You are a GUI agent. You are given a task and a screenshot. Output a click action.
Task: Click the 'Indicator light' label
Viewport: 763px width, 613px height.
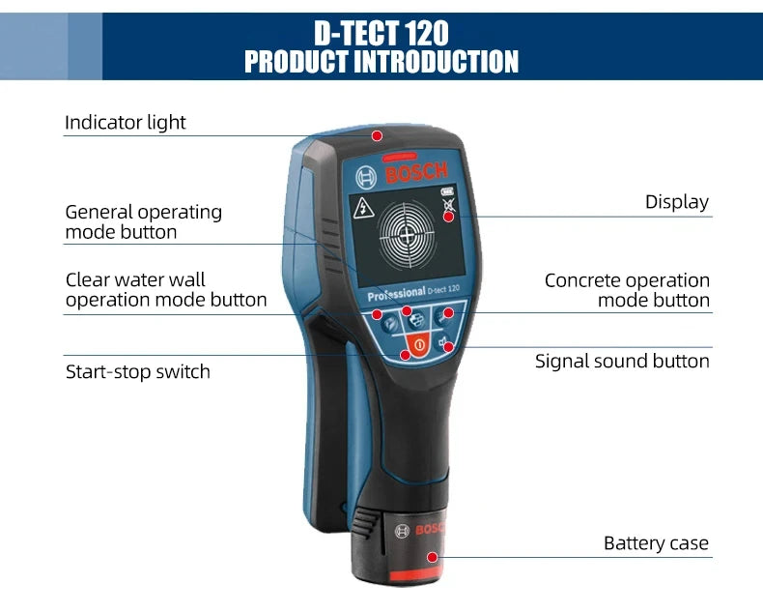click(125, 122)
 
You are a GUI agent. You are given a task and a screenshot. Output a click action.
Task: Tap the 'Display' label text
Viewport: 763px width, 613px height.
click(677, 202)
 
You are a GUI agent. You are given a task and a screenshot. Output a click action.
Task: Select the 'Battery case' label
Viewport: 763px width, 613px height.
click(656, 542)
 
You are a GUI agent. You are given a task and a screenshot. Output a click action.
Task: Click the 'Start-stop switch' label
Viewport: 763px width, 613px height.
click(138, 372)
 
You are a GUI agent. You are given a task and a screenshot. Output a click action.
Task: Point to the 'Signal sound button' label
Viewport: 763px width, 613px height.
click(622, 361)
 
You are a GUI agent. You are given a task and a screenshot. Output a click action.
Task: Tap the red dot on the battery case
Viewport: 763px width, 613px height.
click(432, 557)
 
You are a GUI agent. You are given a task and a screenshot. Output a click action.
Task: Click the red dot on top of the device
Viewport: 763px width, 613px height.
click(377, 135)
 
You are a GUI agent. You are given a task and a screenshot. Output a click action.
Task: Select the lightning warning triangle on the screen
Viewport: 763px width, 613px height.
click(363, 208)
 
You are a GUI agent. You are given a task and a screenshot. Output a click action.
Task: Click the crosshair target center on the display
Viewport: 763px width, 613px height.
click(407, 236)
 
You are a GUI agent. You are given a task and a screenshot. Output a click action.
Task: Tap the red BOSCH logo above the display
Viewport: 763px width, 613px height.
click(416, 172)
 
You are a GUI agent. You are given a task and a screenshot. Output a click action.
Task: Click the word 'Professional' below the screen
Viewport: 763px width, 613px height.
click(396, 294)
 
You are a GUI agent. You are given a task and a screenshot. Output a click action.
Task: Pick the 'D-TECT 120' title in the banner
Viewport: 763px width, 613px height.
click(381, 33)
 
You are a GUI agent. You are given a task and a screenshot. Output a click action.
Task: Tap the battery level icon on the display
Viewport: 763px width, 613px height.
click(447, 192)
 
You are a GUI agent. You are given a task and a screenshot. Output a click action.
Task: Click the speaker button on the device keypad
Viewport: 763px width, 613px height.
click(442, 343)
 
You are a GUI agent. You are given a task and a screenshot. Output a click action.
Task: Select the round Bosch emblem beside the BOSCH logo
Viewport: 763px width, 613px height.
click(366, 177)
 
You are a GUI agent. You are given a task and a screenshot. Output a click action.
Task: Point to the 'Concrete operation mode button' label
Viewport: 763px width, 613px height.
click(627, 290)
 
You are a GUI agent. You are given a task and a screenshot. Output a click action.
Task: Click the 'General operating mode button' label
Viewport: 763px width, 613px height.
click(144, 222)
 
